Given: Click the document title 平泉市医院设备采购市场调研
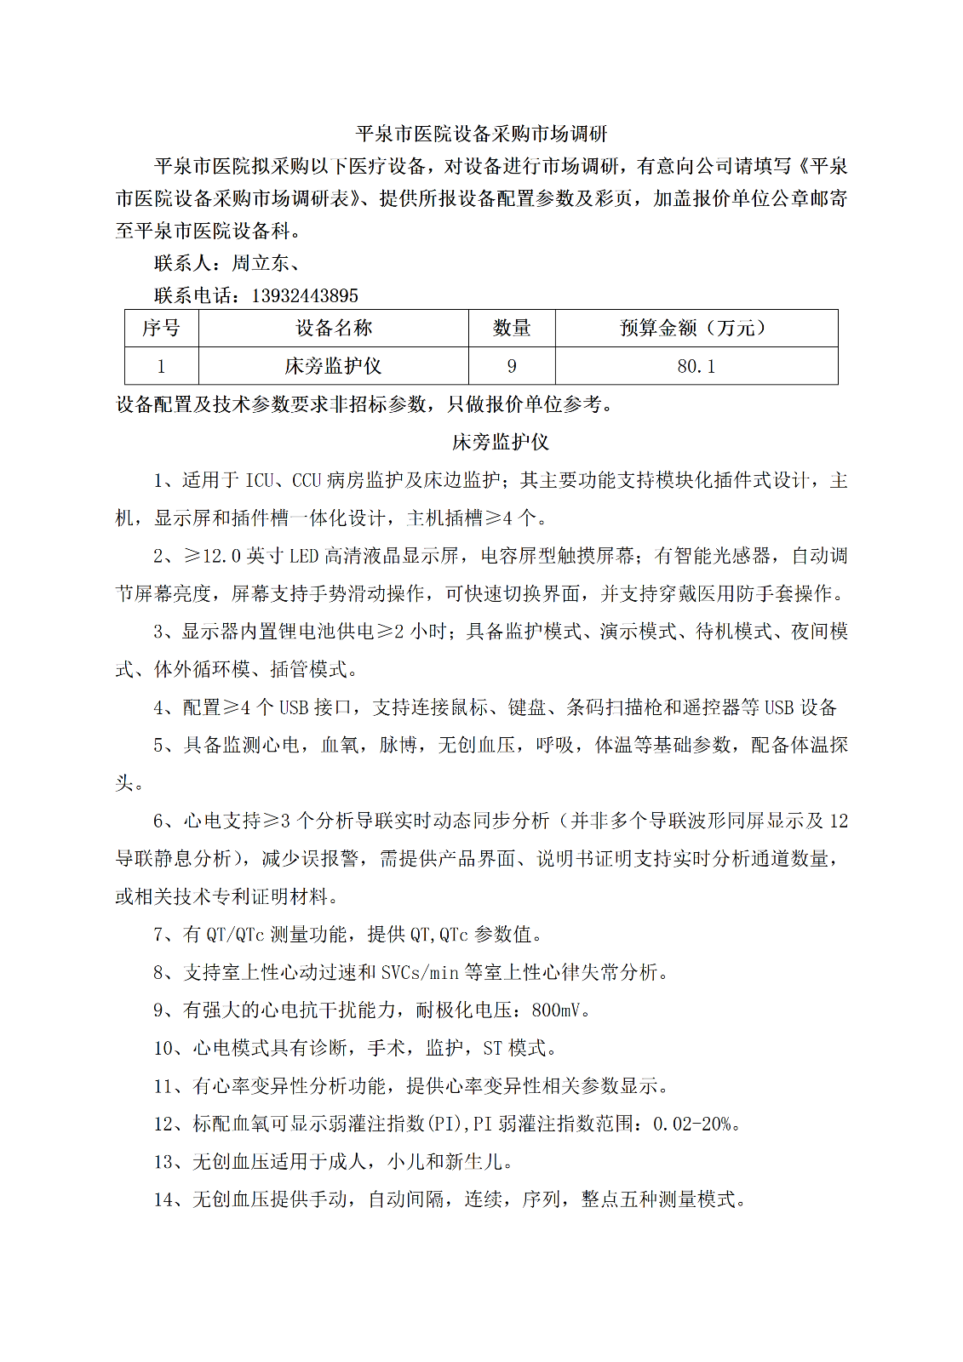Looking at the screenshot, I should (481, 134).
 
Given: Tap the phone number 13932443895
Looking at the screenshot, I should (305, 295).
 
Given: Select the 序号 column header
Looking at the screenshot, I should (161, 328).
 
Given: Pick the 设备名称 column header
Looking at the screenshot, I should (334, 328).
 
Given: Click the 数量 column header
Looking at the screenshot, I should (512, 328).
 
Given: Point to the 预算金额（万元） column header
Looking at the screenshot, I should (696, 328).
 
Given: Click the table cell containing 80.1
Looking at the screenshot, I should (696, 366).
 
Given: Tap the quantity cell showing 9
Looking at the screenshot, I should (512, 366).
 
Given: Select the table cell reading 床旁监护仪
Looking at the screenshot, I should (334, 366).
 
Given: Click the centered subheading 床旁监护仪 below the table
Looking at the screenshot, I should (501, 442).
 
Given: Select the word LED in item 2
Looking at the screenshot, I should (304, 556).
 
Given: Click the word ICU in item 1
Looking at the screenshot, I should (260, 480).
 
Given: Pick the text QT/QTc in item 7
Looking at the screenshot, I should (235, 935).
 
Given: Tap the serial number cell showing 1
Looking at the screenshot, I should (161, 366).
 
